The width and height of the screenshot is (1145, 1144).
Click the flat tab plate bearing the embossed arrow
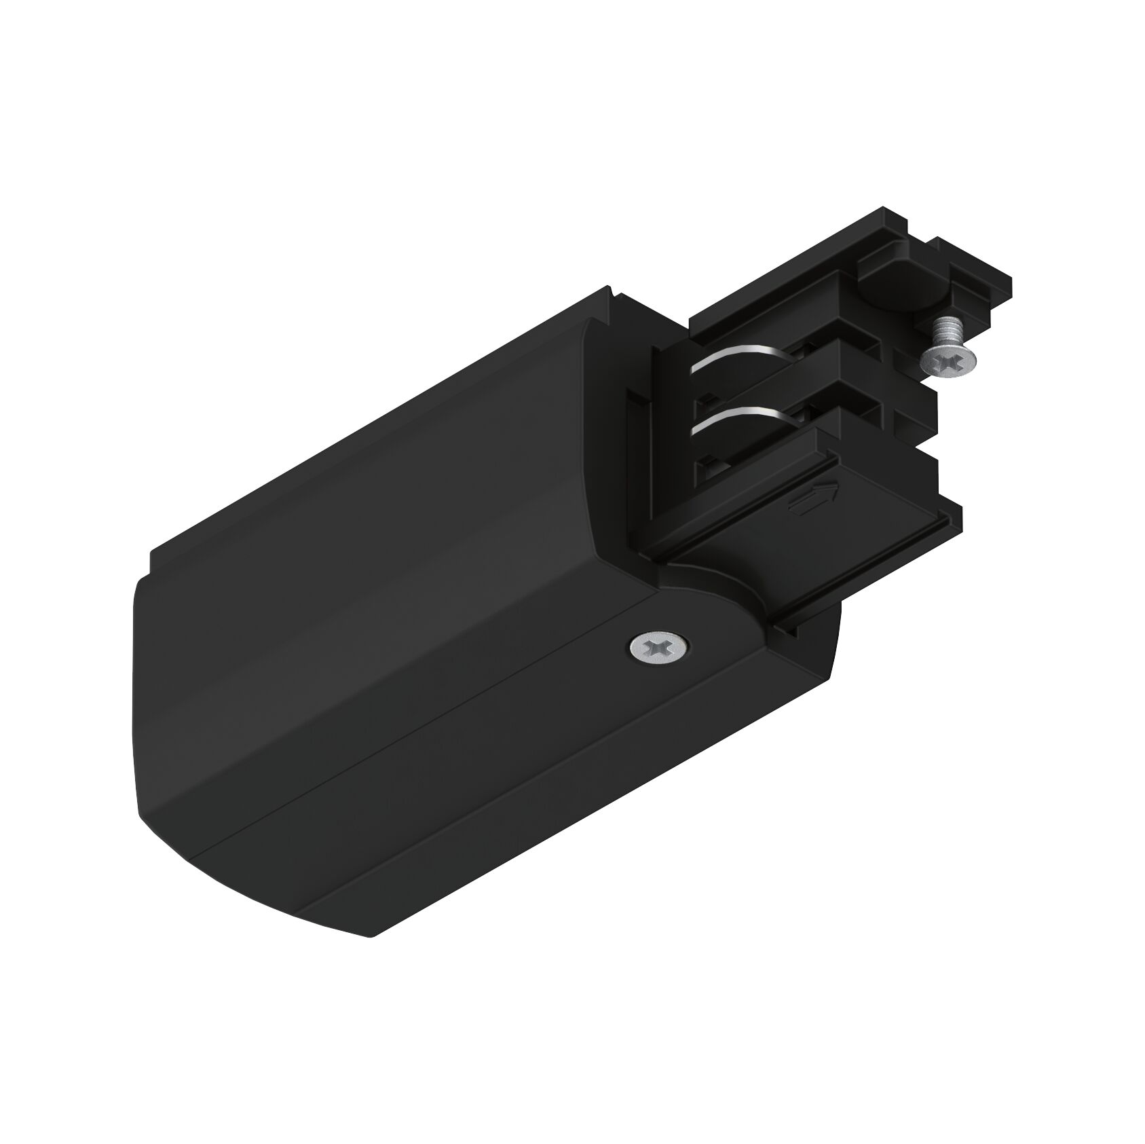tap(767, 516)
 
